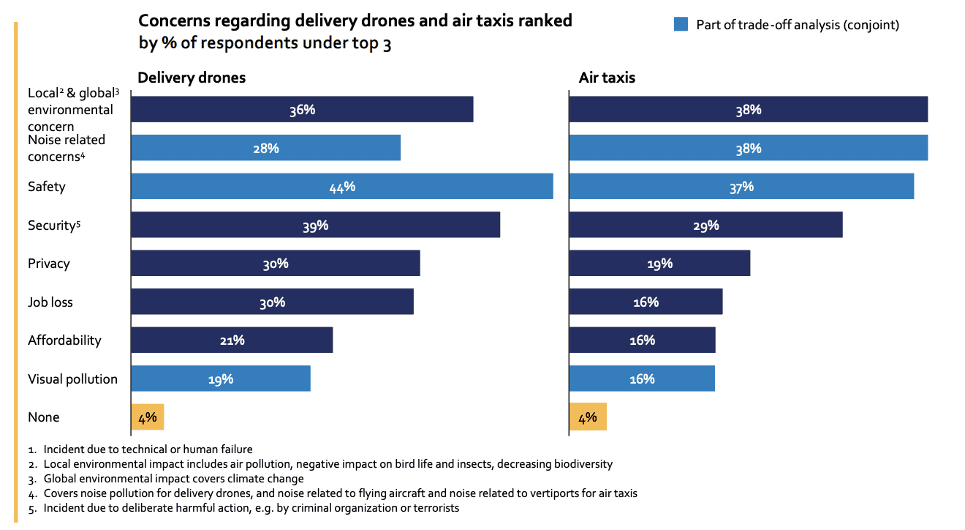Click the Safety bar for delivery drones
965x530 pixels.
point(341,187)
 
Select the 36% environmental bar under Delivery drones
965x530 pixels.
point(301,110)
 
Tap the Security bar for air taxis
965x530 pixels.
point(705,225)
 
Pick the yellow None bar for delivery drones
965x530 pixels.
point(147,417)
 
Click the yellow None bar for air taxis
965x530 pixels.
point(587,417)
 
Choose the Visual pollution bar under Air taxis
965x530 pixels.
point(642,379)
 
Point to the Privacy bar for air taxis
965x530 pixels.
point(659,264)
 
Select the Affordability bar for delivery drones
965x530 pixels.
point(231,340)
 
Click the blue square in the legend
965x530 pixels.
point(681,25)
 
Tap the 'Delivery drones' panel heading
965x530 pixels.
point(192,78)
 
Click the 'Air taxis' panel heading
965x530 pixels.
point(607,78)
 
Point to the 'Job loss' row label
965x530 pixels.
point(50,302)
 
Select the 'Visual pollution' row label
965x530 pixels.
point(72,379)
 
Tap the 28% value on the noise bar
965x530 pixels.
point(265,149)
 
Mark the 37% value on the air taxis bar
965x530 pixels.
point(741,187)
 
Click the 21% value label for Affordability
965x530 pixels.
point(231,340)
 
